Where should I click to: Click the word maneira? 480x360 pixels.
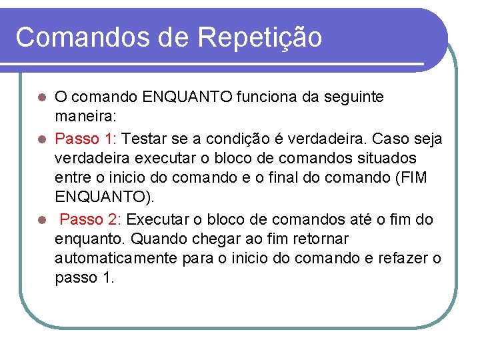point(86,117)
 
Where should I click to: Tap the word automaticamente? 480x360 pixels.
point(116,259)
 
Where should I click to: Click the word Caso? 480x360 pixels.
point(394,139)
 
